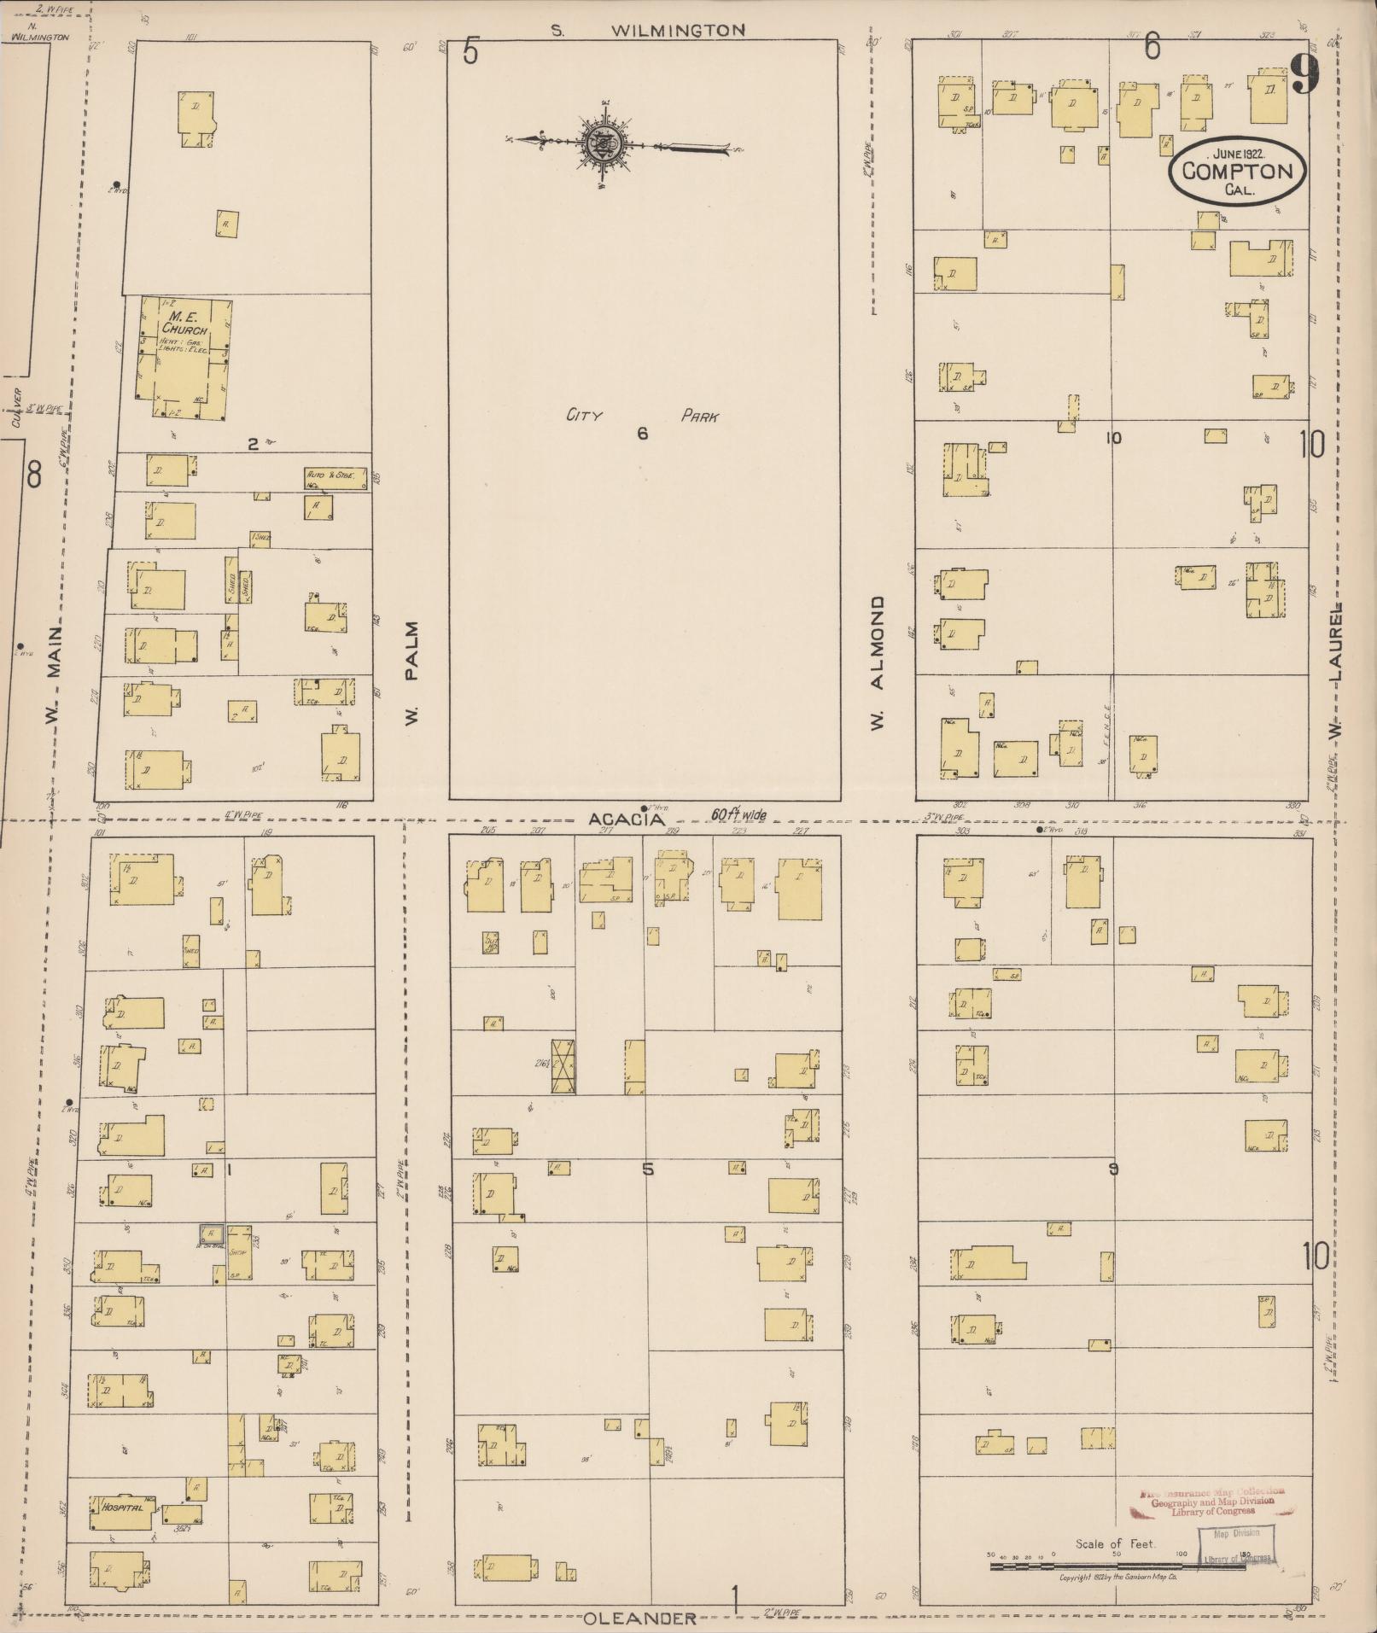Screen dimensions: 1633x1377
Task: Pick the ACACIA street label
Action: (626, 819)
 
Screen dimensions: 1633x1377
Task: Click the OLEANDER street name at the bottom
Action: (641, 1618)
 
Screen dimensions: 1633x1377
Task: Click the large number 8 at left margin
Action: (33, 474)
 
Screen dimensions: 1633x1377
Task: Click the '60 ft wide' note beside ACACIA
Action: (739, 815)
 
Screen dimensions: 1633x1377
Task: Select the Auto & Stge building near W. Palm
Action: (335, 478)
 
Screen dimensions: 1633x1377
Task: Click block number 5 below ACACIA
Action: (647, 1169)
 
